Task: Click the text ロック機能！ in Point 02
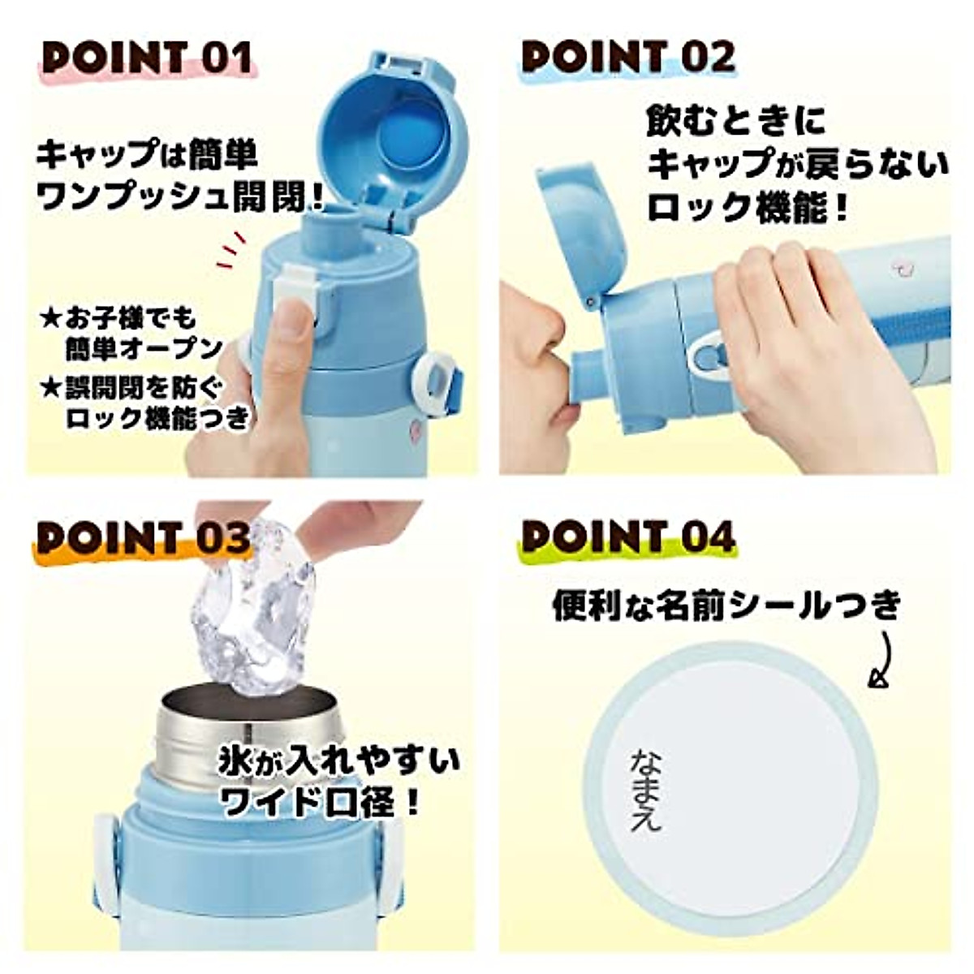(x=748, y=208)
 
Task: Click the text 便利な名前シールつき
(x=726, y=606)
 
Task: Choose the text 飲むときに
(x=735, y=122)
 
